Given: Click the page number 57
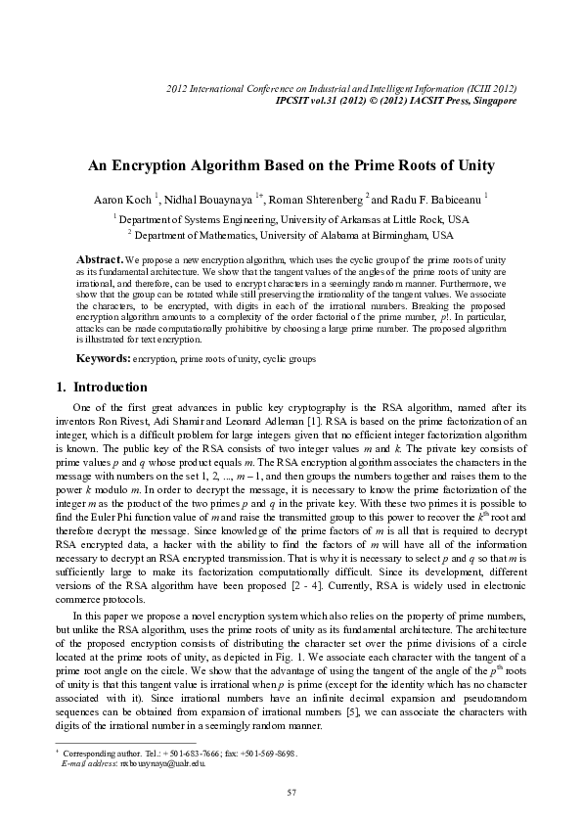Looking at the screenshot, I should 291,791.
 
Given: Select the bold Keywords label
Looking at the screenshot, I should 104,360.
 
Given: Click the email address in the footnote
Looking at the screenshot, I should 161,762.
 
